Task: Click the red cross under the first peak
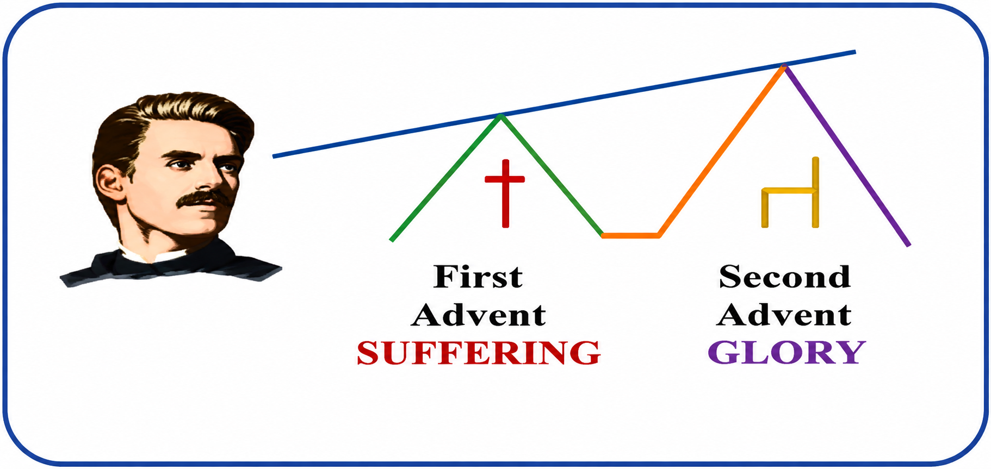coord(505,193)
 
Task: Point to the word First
coord(478,277)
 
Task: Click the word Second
coord(785,277)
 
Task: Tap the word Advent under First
coord(479,315)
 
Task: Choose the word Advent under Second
coord(784,315)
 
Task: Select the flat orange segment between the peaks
coord(631,236)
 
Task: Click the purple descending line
coord(846,155)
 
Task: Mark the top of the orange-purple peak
coord(784,66)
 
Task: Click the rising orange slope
coord(721,151)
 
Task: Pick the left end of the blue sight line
coord(274,157)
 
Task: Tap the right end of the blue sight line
coord(855,52)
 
